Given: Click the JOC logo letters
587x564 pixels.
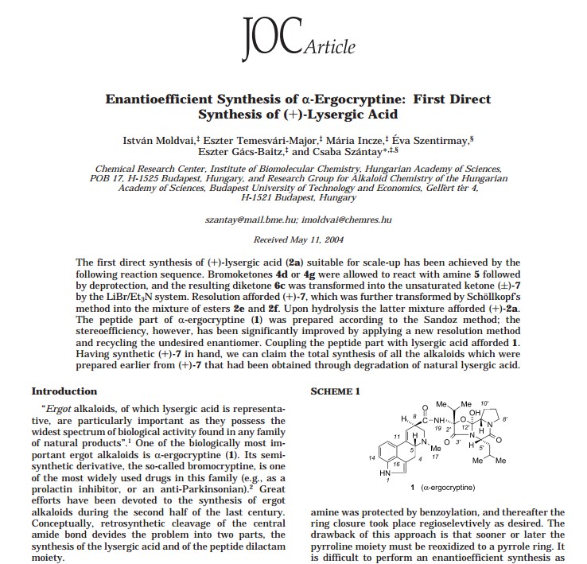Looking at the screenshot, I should pos(271,37).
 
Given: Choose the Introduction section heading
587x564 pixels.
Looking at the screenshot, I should pos(64,391).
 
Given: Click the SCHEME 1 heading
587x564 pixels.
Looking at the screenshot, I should pos(335,391).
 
